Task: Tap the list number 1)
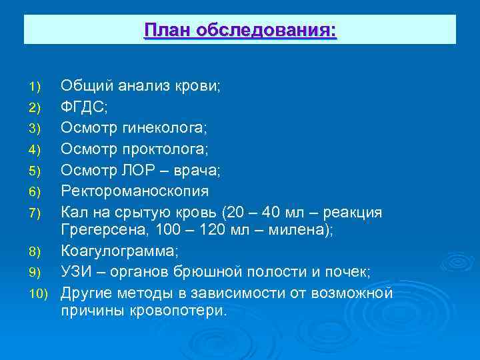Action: pos(35,87)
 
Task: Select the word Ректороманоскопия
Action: pos(135,191)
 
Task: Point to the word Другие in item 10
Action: pos(86,293)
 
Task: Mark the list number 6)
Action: pos(35,192)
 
